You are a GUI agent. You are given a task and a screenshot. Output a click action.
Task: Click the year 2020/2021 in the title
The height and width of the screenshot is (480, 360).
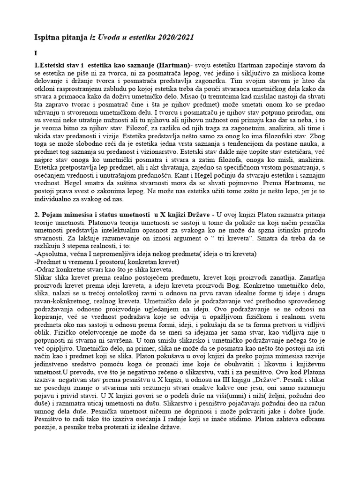tap(174, 37)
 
